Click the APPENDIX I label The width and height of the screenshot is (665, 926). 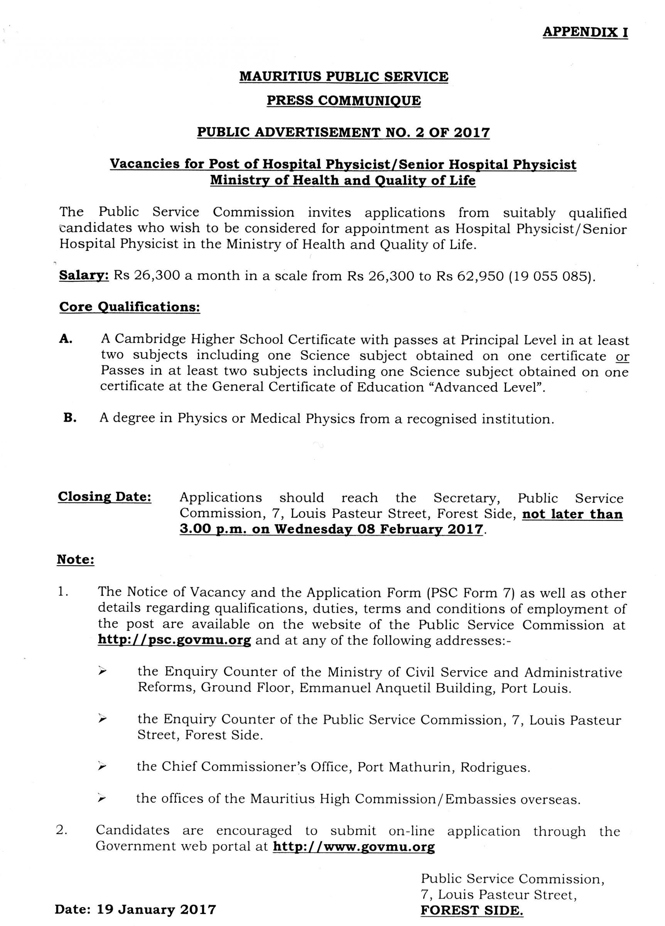pyautogui.click(x=585, y=32)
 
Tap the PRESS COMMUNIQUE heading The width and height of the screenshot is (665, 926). pyautogui.click(x=343, y=100)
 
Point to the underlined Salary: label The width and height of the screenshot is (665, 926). pyautogui.click(x=84, y=275)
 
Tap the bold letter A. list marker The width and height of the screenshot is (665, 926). pyautogui.click(x=66, y=339)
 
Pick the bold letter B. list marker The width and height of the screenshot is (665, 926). pyautogui.click(x=70, y=418)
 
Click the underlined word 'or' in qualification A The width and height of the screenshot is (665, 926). pyautogui.click(x=622, y=357)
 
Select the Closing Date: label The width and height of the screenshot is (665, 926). pyautogui.click(x=105, y=497)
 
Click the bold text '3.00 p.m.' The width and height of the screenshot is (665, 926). pyautogui.click(x=212, y=529)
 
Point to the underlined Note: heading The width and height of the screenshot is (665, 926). pyautogui.click(x=76, y=559)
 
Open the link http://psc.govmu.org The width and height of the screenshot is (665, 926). pyautogui.click(x=174, y=640)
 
